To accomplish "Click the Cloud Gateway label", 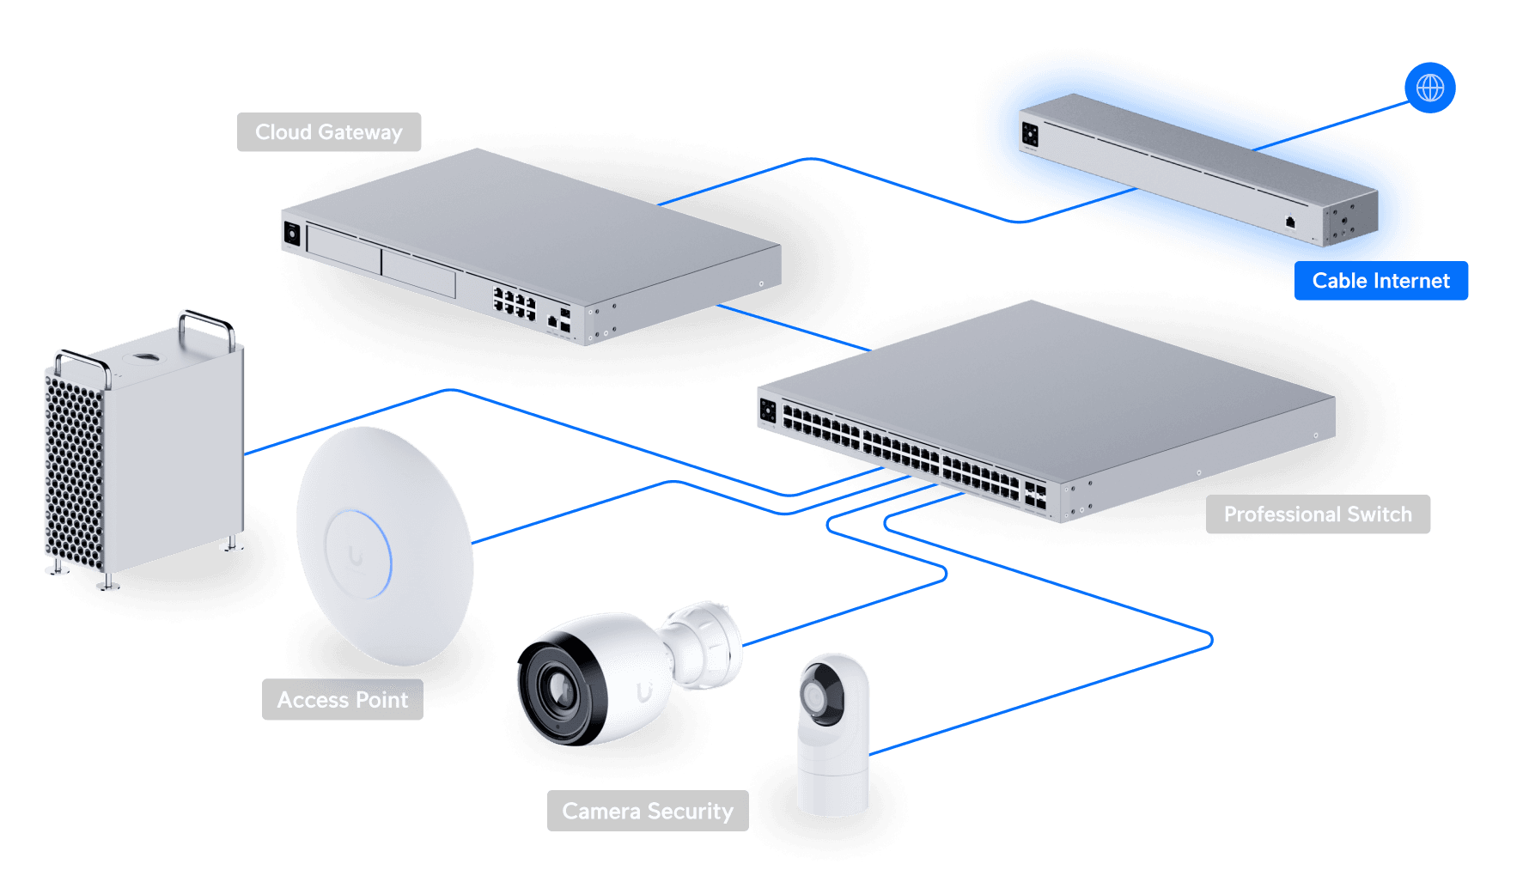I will tap(329, 132).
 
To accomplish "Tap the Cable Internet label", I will tap(1380, 281).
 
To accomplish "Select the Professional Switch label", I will tap(1318, 514).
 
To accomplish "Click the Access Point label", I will tap(342, 700).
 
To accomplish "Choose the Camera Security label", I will tap(648, 812).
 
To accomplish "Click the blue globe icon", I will tap(1430, 88).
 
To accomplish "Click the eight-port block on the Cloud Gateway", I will tap(514, 303).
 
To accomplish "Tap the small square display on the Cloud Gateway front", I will tap(292, 233).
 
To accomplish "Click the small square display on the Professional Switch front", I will tap(768, 411).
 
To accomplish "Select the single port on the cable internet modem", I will tap(1290, 222).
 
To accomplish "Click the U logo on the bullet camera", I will tap(644, 692).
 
